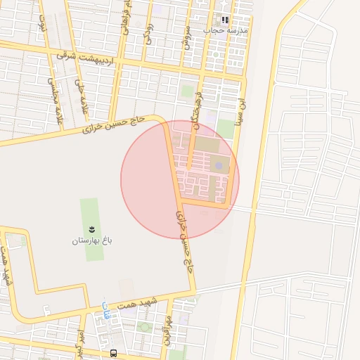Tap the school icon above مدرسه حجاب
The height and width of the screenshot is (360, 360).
pos(225,20)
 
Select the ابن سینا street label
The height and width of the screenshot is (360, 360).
pos(242,111)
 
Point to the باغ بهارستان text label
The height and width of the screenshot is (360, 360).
pos(92,241)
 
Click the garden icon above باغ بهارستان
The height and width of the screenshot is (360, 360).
pos(91,230)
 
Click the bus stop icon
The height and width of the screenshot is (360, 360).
pos(114,353)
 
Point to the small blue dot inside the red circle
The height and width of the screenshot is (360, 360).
pos(219,165)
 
